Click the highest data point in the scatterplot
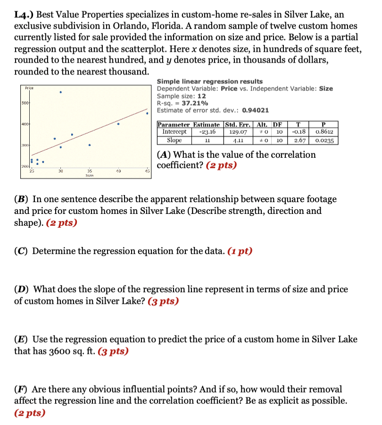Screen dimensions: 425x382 point(61,92)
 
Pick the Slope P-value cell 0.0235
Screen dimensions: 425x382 point(324,140)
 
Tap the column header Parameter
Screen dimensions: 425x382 point(173,124)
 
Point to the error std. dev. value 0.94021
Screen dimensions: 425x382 point(255,110)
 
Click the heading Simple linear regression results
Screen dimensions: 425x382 point(209,82)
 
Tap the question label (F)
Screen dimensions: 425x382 point(21,389)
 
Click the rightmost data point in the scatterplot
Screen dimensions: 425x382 point(147,113)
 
